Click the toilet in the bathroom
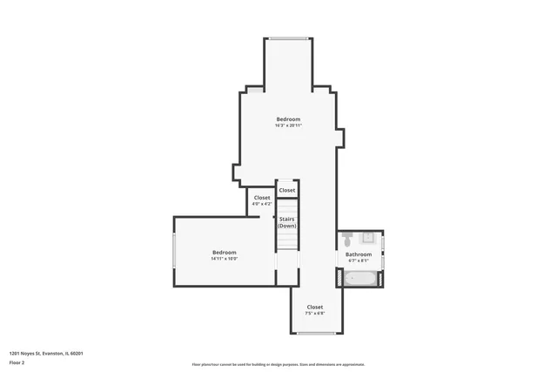[x=346, y=237]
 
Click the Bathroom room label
[x=359, y=254]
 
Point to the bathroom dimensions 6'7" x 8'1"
[x=359, y=260]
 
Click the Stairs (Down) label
[x=287, y=222]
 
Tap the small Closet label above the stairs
[x=287, y=190]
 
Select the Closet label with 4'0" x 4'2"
[x=262, y=198]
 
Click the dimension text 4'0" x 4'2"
[x=262, y=204]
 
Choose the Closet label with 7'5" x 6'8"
[x=314, y=307]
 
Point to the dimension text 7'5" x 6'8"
[x=314, y=313]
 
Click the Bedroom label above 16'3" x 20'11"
[x=288, y=119]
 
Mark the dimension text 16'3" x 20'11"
[x=288, y=125]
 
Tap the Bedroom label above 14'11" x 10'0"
[x=224, y=253]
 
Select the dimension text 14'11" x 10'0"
[x=224, y=259]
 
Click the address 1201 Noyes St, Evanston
[x=45, y=353]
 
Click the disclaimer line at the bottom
[x=278, y=364]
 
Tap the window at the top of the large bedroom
[x=287, y=37]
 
